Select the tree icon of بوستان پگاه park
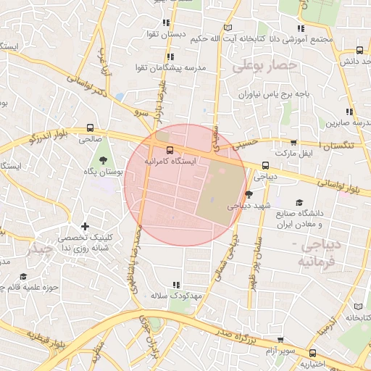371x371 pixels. pos(102,159)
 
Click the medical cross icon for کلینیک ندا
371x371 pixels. pos(86,227)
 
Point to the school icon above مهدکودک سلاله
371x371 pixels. pos(175,285)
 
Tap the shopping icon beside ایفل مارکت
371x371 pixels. pos(293,143)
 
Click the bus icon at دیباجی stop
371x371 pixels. pos(264,164)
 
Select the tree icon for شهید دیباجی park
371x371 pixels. pos(249,194)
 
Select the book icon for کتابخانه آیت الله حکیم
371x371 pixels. pos(230,28)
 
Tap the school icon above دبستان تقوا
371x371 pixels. pos(167,22)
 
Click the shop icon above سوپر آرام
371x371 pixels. pos(280,339)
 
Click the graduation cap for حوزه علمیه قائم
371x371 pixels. pos(22,277)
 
